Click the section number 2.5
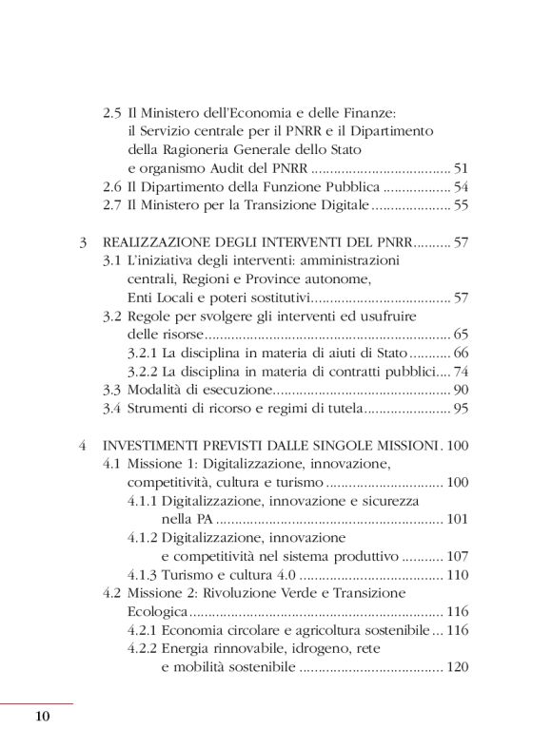click(x=112, y=113)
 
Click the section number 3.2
click(x=112, y=316)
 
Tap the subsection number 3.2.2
click(x=142, y=371)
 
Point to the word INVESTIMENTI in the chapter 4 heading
click(x=158, y=444)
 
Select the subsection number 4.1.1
click(x=142, y=499)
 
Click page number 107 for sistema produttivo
click(x=459, y=556)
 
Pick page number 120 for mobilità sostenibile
click(x=459, y=667)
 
